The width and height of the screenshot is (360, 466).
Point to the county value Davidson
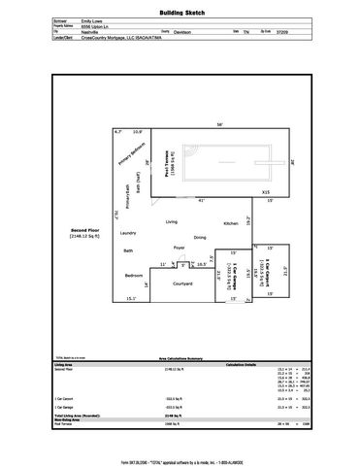click(x=197, y=29)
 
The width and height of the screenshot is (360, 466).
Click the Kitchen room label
click(x=232, y=223)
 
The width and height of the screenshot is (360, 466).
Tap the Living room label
click(x=172, y=222)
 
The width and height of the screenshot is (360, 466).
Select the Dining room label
click(x=199, y=237)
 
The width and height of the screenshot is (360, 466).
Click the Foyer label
click(x=180, y=249)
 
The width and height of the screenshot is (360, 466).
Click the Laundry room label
click(x=127, y=233)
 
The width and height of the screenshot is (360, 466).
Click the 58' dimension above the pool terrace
click(x=219, y=124)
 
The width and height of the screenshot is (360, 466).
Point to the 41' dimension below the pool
click(x=201, y=200)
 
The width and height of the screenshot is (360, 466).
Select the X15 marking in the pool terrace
click(x=264, y=193)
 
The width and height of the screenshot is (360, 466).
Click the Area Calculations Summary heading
click(x=180, y=331)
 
